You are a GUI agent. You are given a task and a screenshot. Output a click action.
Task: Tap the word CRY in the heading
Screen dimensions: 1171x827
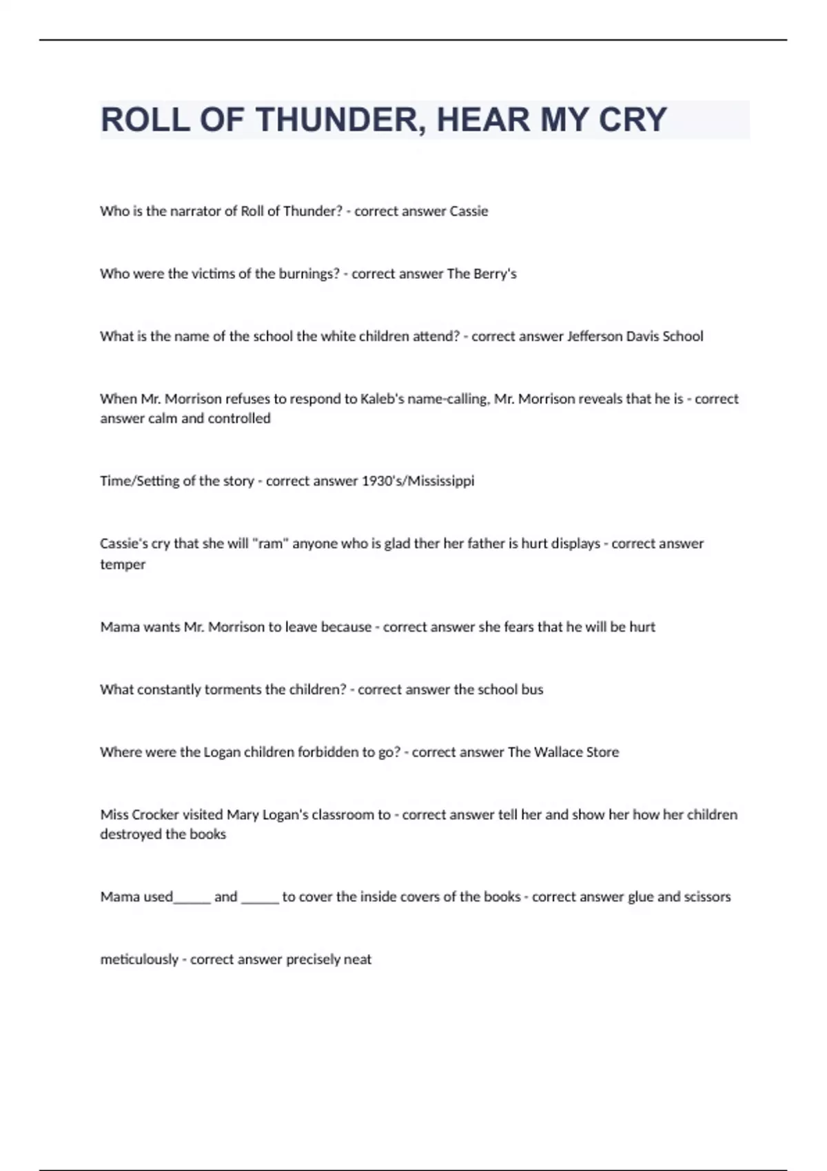632,120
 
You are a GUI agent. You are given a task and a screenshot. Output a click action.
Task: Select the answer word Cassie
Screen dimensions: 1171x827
469,211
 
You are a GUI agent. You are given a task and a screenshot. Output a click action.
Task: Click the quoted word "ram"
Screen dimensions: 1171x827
270,543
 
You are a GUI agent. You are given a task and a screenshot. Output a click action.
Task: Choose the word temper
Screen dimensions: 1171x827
123,565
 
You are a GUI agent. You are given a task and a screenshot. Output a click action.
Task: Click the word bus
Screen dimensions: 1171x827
532,690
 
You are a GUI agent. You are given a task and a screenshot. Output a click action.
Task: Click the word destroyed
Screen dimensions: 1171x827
132,834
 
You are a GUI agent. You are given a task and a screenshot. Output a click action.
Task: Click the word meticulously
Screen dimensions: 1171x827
139,960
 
